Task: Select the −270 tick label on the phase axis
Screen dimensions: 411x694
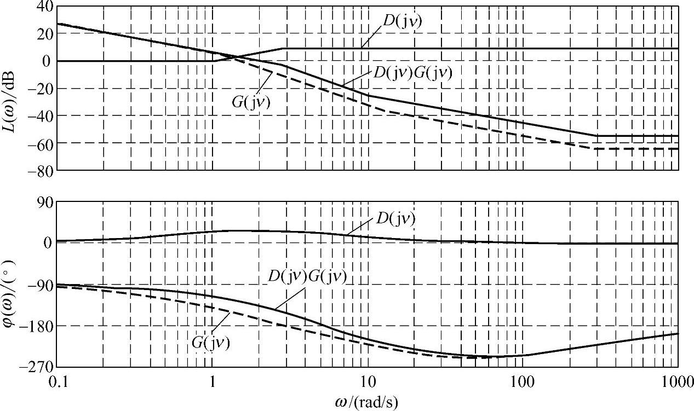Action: [37, 367]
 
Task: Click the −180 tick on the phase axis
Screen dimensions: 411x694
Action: [37, 326]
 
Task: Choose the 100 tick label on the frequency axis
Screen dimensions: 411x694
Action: [522, 382]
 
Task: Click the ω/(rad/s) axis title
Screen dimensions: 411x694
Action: [366, 402]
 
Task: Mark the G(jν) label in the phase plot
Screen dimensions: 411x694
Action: [211, 343]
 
